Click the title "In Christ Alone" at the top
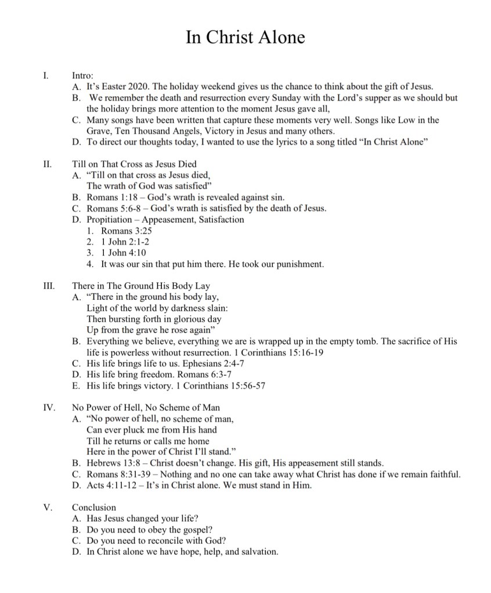tap(245, 37)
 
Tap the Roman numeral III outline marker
tap(48, 286)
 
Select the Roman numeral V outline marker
tap(48, 507)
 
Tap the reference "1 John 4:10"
tap(124, 253)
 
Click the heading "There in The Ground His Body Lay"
tap(141, 286)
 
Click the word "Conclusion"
tap(94, 507)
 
